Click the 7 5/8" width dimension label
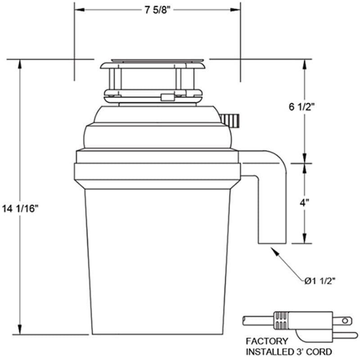pyautogui.click(x=157, y=11)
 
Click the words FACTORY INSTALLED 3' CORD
pyautogui.click(x=288, y=346)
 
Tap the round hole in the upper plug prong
pyautogui.click(x=345, y=321)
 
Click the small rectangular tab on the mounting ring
pyautogui.click(x=167, y=97)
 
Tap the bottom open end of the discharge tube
pyautogui.click(x=272, y=243)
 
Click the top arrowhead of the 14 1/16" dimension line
pyautogui.click(x=20, y=63)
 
